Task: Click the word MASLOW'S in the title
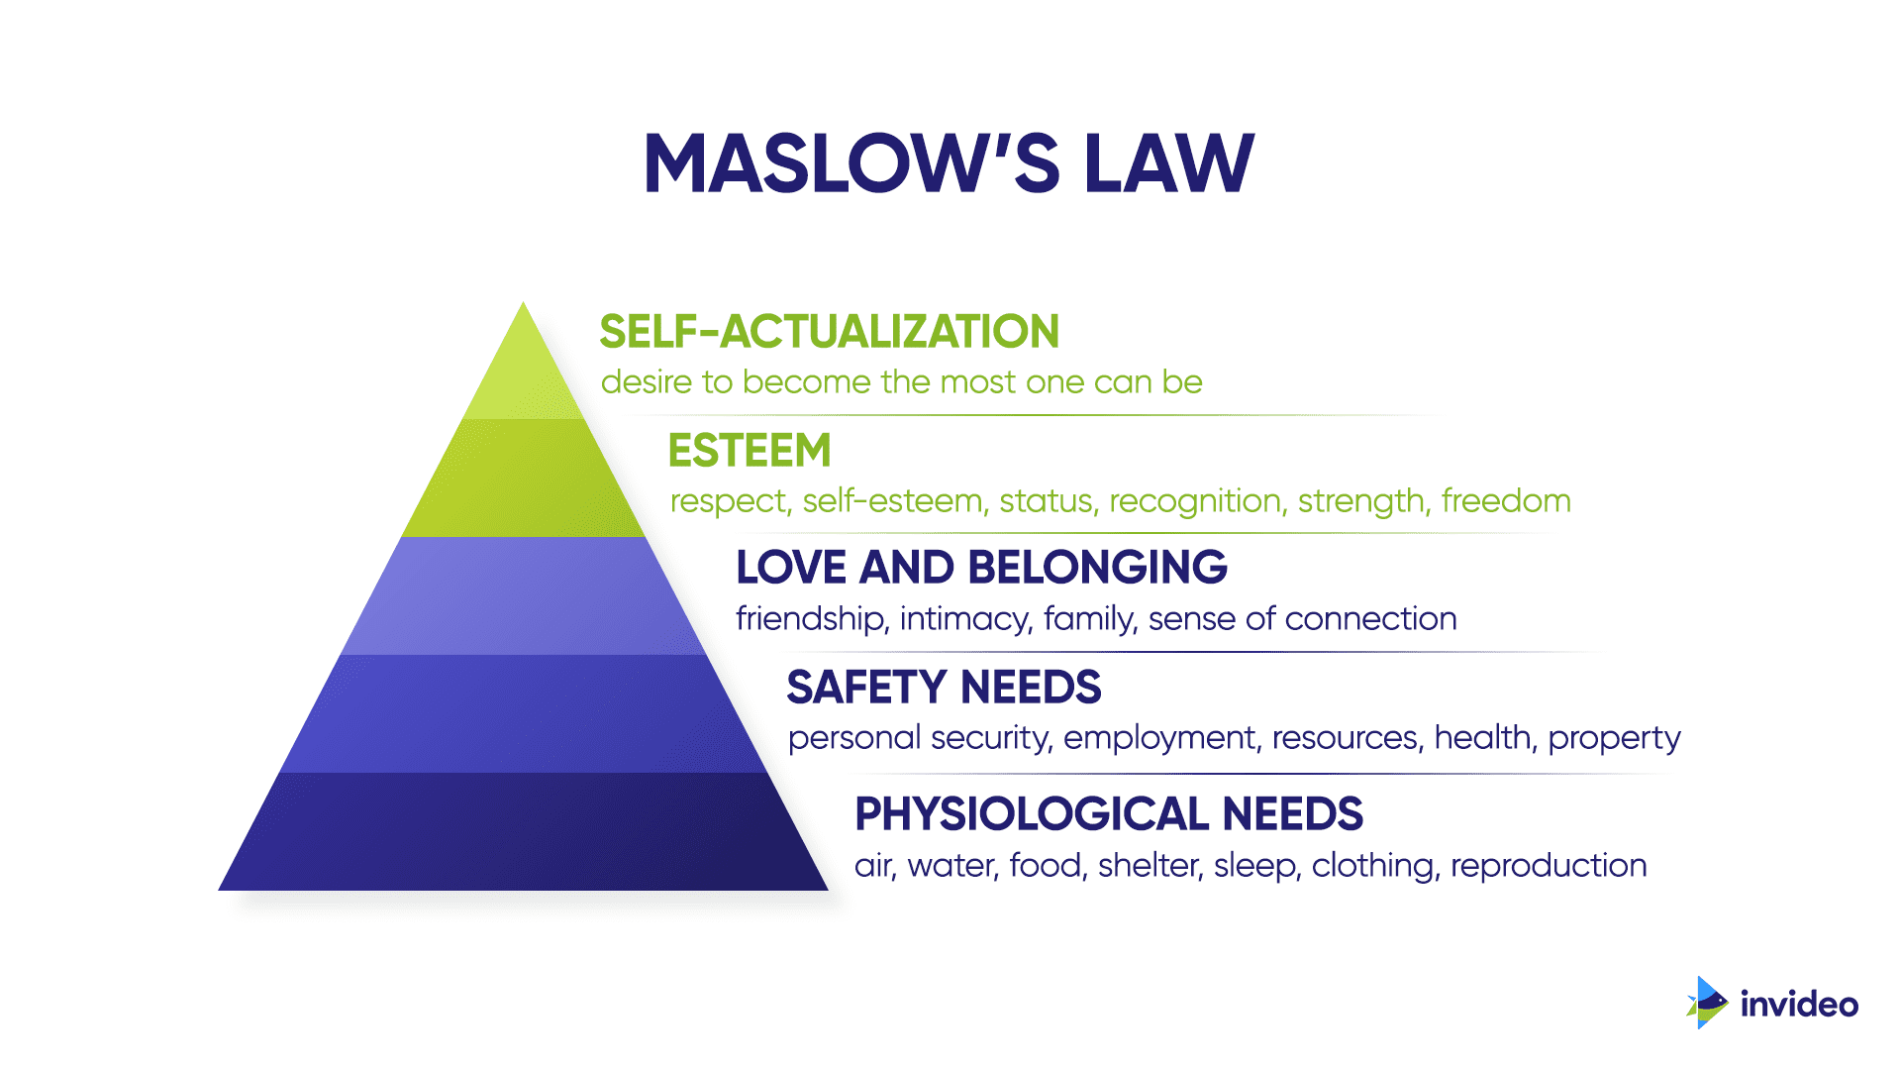click(x=852, y=163)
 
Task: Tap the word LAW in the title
click(x=1169, y=163)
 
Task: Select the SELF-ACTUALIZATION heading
click(x=829, y=332)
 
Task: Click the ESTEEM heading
click(x=750, y=451)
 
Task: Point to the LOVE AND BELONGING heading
click(x=981, y=568)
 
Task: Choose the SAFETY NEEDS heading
click(x=944, y=687)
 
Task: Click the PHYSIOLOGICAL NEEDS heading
click(x=1109, y=814)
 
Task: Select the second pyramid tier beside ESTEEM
click(x=523, y=478)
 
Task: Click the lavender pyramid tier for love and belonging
click(x=523, y=595)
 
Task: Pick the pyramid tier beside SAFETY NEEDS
click(x=523, y=713)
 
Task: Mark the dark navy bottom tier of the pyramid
click(x=523, y=831)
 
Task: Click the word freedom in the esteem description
click(x=1506, y=501)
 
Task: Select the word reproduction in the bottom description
click(x=1549, y=867)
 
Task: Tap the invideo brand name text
click(x=1799, y=1005)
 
